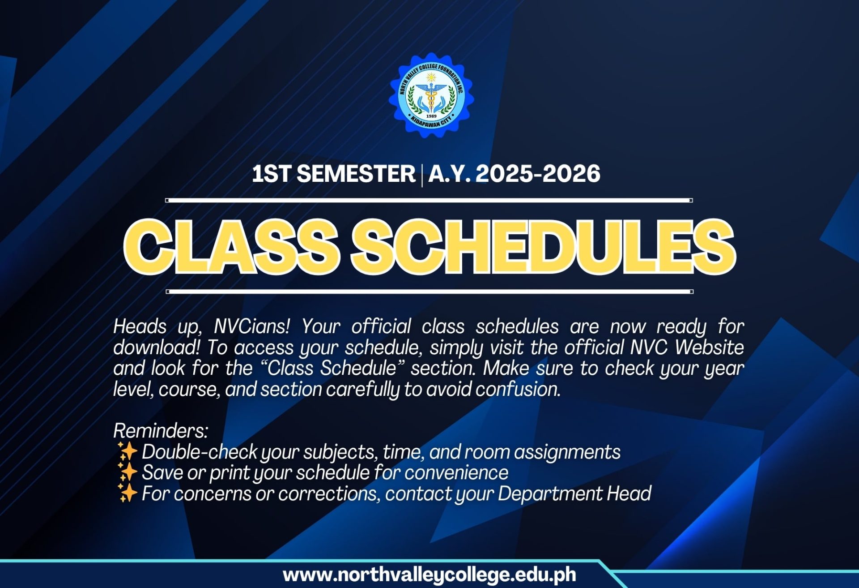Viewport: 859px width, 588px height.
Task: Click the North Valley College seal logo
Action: [x=431, y=95]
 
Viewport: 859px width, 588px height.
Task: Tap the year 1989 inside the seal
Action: [x=431, y=116]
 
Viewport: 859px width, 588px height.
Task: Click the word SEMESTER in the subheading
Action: [x=356, y=174]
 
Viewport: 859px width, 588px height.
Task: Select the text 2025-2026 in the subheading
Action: [x=538, y=174]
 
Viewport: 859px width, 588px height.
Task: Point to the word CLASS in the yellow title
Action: [x=231, y=247]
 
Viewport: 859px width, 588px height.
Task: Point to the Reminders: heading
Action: [x=161, y=431]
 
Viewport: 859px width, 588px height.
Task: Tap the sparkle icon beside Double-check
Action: [x=127, y=451]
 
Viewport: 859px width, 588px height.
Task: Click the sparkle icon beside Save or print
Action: [x=127, y=472]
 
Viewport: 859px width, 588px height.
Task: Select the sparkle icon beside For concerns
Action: [x=127, y=493]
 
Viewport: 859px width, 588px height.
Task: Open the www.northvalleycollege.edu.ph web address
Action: [x=429, y=575]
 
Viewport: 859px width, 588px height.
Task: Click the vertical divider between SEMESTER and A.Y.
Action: [x=421, y=175]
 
